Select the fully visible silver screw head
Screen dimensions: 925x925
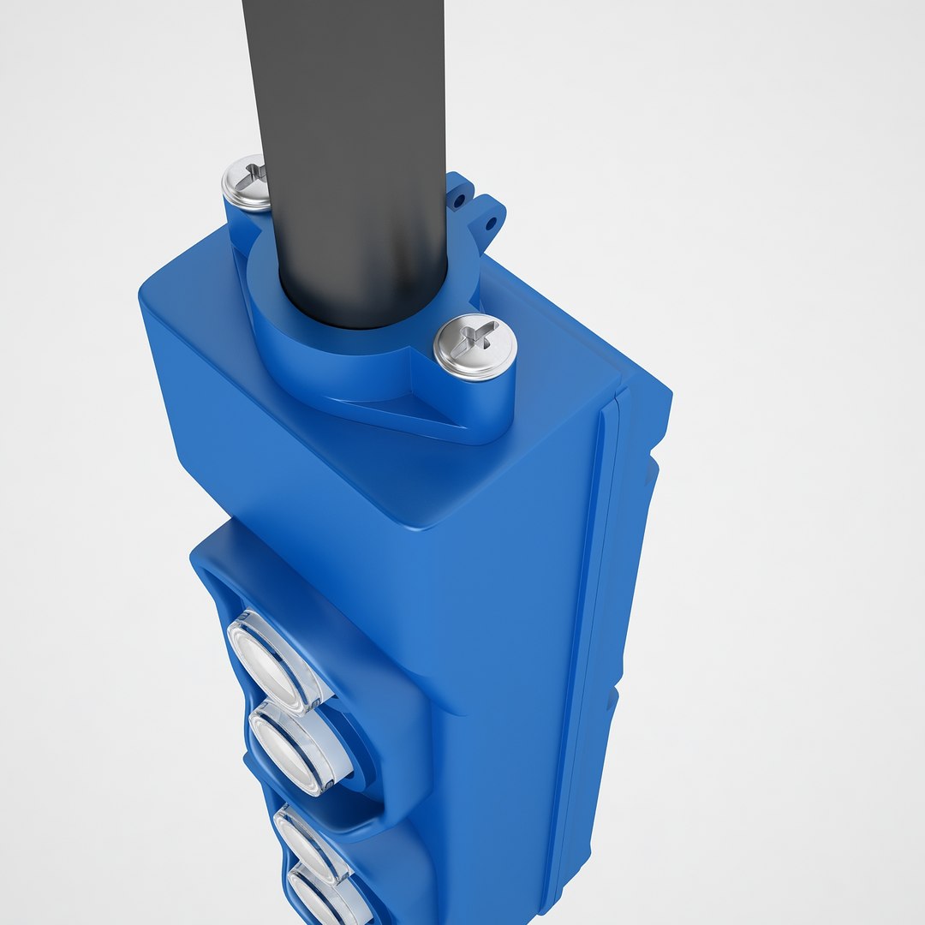coord(474,347)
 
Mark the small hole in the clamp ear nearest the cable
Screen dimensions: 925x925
coord(460,202)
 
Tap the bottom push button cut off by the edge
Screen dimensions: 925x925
coord(325,899)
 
